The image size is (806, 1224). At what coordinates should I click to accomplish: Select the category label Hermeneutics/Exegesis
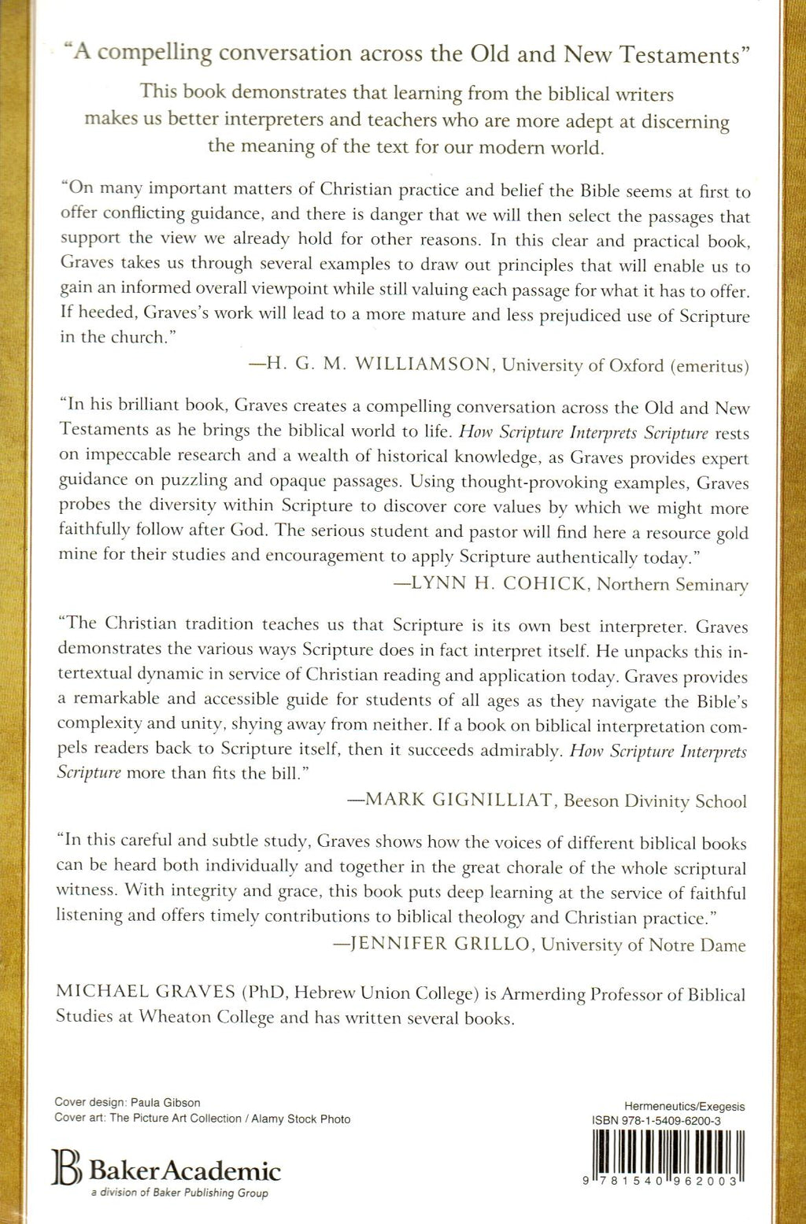point(684,1106)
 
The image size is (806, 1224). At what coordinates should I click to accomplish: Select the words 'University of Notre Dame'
point(643,945)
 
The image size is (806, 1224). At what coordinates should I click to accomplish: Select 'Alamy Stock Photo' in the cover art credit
point(301,1119)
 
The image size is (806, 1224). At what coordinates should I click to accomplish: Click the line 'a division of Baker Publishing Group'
point(179,1193)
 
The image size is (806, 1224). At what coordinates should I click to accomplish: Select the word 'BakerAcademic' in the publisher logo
point(185,1170)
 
